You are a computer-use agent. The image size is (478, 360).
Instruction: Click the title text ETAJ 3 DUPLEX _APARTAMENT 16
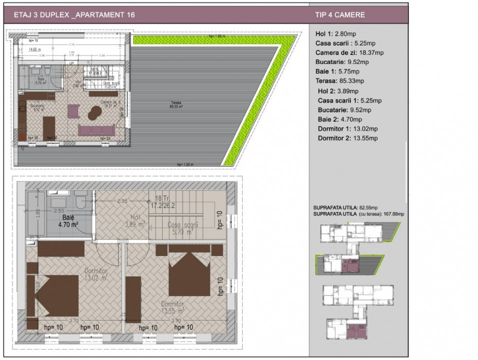[75, 15]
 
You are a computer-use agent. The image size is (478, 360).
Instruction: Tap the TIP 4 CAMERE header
[340, 15]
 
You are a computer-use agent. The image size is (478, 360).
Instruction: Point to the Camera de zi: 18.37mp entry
[349, 52]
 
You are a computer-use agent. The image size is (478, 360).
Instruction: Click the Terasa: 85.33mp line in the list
[340, 80]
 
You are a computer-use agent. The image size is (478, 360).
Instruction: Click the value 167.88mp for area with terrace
[394, 214]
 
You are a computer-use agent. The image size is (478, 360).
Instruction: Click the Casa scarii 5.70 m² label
[183, 228]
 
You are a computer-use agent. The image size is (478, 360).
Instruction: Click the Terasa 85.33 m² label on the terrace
[174, 104]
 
